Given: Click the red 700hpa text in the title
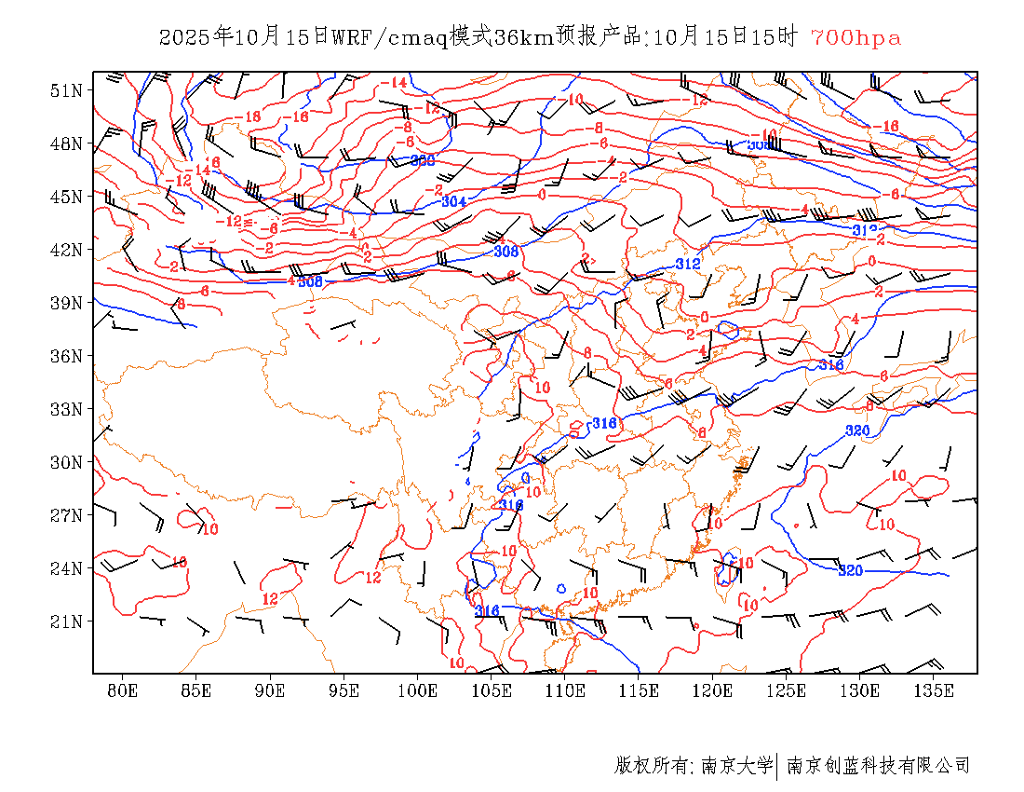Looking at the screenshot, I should tap(856, 38).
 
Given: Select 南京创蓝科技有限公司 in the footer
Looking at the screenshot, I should tap(879, 766).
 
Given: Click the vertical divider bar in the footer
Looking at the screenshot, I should tap(777, 766).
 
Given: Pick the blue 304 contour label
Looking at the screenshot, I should tap(454, 201).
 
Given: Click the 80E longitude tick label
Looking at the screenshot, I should tap(123, 690).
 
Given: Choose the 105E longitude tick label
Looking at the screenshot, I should tap(492, 690).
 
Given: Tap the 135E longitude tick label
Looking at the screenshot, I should tap(934, 690).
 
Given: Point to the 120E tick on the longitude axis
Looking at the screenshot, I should tap(713, 690).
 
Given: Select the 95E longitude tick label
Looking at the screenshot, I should tap(344, 690).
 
